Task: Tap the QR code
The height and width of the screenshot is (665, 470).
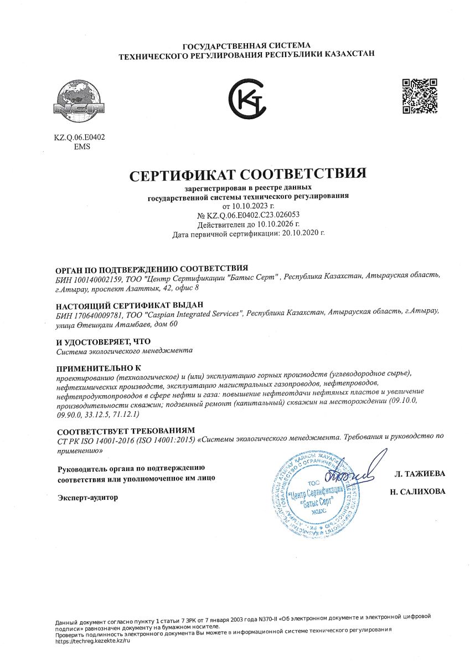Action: tap(420, 96)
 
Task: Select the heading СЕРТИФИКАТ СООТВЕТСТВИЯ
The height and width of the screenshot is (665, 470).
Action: tap(248, 174)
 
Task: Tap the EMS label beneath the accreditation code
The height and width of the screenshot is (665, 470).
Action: tap(81, 147)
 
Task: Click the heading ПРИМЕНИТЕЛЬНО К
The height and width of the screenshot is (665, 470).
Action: tap(99, 367)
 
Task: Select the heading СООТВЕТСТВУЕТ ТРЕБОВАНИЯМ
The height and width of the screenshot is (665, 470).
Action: tap(126, 431)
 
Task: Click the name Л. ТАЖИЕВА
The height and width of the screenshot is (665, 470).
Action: tap(419, 474)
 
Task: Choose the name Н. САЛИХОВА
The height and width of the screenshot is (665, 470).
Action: tap(417, 492)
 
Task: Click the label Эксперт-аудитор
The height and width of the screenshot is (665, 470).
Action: tap(88, 498)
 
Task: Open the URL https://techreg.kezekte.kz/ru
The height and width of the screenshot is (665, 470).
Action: tap(92, 641)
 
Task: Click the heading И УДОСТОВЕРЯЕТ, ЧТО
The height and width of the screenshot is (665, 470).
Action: tap(104, 341)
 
